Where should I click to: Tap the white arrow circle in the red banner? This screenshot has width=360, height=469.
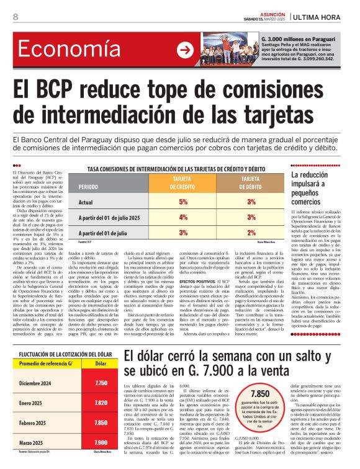coord(185,50)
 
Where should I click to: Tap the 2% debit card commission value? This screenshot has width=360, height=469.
coord(251,232)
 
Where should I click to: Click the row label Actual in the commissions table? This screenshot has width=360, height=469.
coord(86,202)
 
